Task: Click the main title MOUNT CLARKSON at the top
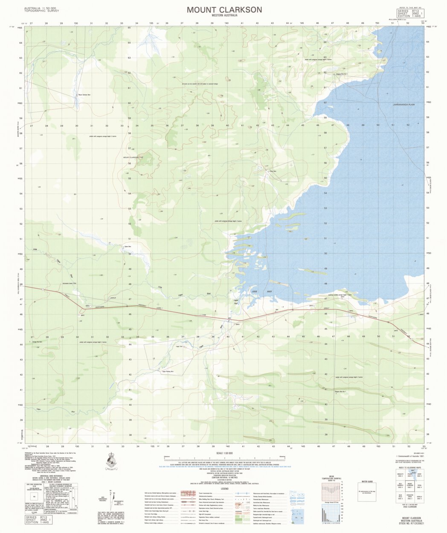coord(224,9)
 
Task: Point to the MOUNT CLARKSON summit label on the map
coord(132,158)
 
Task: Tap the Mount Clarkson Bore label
coord(84,95)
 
